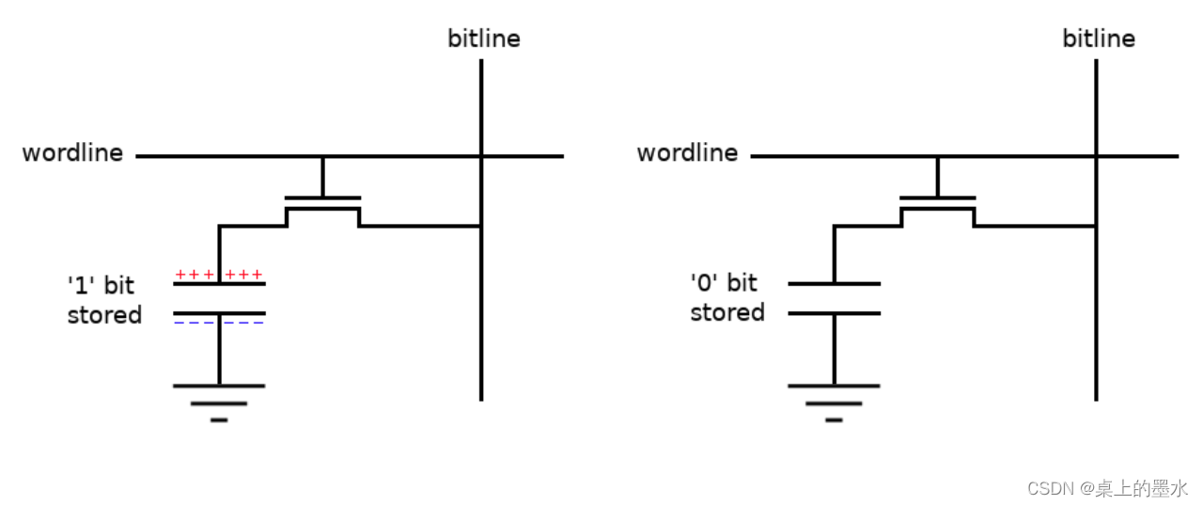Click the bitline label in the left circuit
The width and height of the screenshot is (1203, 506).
click(484, 39)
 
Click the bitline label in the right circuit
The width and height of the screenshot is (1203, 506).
click(1099, 39)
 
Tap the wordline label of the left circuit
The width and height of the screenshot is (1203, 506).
click(72, 153)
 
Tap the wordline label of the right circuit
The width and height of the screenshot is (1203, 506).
click(687, 153)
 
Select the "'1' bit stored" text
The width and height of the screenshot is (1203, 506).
click(104, 300)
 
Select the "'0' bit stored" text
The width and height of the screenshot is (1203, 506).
click(726, 297)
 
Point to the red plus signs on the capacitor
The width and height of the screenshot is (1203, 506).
click(219, 275)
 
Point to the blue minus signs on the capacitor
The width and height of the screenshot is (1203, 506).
click(219, 323)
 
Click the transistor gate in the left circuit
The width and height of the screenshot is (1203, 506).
click(322, 198)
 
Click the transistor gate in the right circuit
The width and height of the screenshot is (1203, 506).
click(937, 198)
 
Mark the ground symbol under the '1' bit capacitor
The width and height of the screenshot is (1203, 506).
click(219, 401)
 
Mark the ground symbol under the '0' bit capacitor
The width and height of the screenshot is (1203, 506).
click(834, 401)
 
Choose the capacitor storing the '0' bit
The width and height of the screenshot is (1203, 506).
click(834, 298)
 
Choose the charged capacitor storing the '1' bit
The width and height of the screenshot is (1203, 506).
click(219, 298)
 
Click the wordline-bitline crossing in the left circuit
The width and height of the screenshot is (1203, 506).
click(481, 156)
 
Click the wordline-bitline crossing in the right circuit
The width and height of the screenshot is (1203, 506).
click(1096, 156)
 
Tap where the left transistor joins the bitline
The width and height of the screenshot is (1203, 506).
click(481, 226)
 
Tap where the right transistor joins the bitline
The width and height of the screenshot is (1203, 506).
click(1096, 226)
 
